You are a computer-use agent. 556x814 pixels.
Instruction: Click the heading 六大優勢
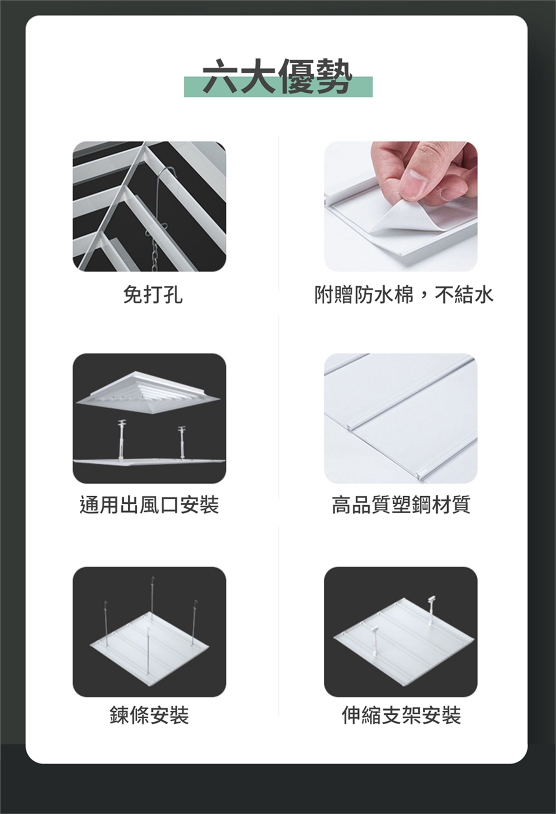click(x=277, y=77)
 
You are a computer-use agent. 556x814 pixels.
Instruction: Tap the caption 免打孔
click(x=153, y=295)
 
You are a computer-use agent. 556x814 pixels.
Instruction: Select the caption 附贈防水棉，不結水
click(x=403, y=295)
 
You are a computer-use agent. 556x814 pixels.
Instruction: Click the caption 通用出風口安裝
click(x=149, y=505)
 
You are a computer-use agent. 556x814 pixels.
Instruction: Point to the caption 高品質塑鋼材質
click(x=401, y=505)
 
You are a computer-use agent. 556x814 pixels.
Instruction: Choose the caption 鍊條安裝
click(x=149, y=715)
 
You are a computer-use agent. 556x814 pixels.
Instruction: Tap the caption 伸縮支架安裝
click(x=401, y=715)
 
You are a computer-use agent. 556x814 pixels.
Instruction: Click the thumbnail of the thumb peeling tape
click(x=401, y=206)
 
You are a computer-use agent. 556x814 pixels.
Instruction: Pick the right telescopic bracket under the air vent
click(x=182, y=442)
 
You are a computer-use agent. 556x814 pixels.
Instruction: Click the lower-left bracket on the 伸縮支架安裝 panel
click(x=375, y=645)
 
